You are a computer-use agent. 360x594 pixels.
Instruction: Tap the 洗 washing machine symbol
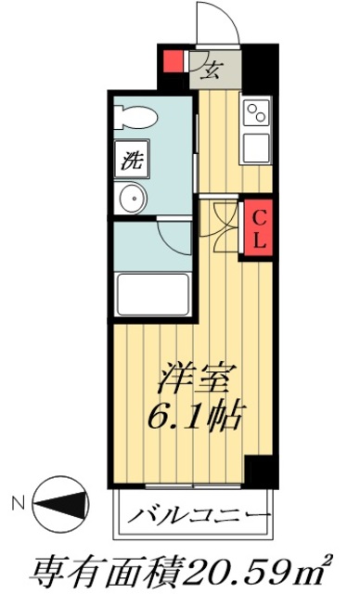click(129, 159)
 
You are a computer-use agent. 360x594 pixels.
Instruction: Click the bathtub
click(152, 294)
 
